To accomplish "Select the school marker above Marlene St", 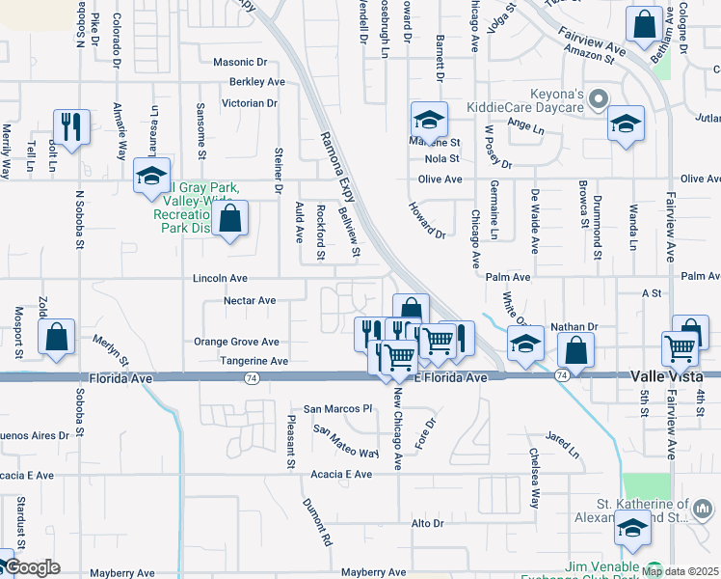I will [x=429, y=120].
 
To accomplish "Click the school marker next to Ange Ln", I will [x=626, y=124].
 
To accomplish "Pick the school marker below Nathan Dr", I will [x=525, y=344].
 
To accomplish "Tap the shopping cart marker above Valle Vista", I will [x=681, y=348].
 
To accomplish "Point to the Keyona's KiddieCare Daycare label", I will [x=525, y=100].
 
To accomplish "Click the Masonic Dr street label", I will [x=239, y=62].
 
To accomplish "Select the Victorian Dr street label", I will [x=249, y=102].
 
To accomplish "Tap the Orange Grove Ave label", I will [x=236, y=342].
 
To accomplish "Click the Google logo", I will [x=31, y=567].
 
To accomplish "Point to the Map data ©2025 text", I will [x=681, y=571].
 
